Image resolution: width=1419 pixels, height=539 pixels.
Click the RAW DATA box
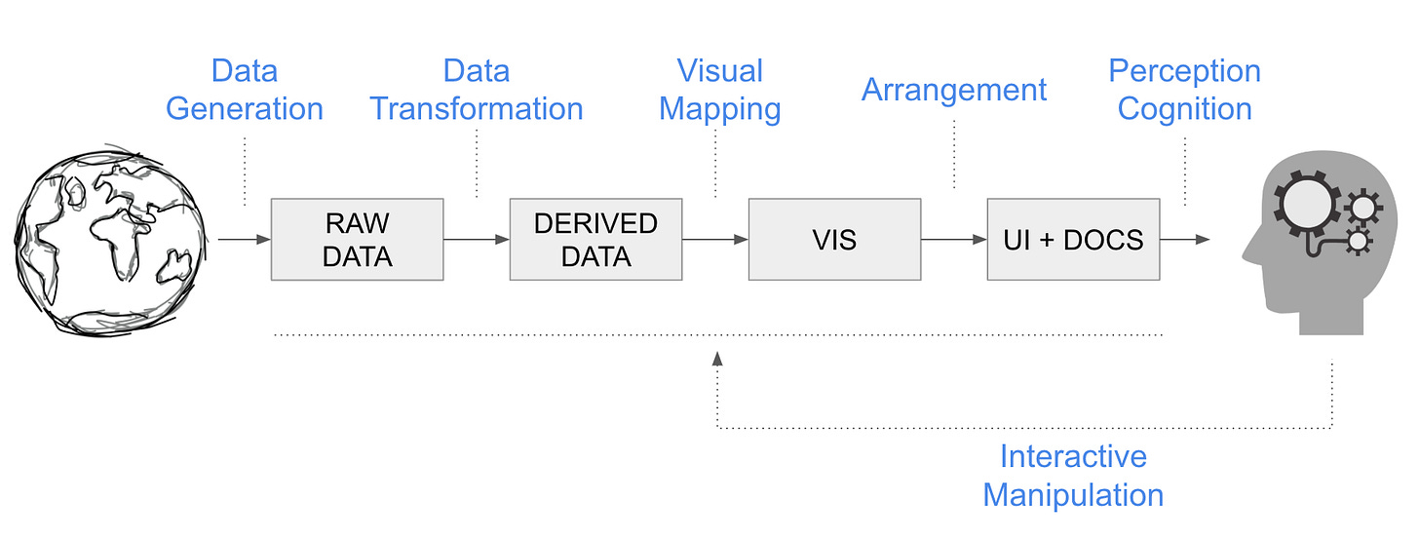click(358, 240)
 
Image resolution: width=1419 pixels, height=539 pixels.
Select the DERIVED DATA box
click(596, 240)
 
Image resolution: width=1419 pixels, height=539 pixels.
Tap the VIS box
click(835, 240)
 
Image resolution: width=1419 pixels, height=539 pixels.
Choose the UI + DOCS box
click(1074, 240)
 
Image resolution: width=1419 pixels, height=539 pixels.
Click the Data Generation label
click(245, 90)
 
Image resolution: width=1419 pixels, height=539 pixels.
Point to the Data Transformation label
click(477, 90)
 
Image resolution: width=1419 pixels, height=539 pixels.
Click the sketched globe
click(110, 241)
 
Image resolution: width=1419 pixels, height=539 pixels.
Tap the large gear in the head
click(1306, 205)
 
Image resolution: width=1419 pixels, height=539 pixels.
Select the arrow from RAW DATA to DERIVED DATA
click(477, 240)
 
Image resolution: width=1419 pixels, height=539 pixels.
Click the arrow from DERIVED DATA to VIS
click(715, 240)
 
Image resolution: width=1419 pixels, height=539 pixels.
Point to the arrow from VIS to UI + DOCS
click(954, 240)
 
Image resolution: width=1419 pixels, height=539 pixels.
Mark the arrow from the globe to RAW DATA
click(245, 240)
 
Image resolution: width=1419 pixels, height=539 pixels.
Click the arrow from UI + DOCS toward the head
click(1185, 240)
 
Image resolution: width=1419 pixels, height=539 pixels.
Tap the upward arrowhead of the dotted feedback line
click(717, 359)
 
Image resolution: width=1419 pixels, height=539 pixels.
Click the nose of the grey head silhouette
click(1246, 256)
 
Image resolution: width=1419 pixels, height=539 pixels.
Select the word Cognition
click(1185, 110)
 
